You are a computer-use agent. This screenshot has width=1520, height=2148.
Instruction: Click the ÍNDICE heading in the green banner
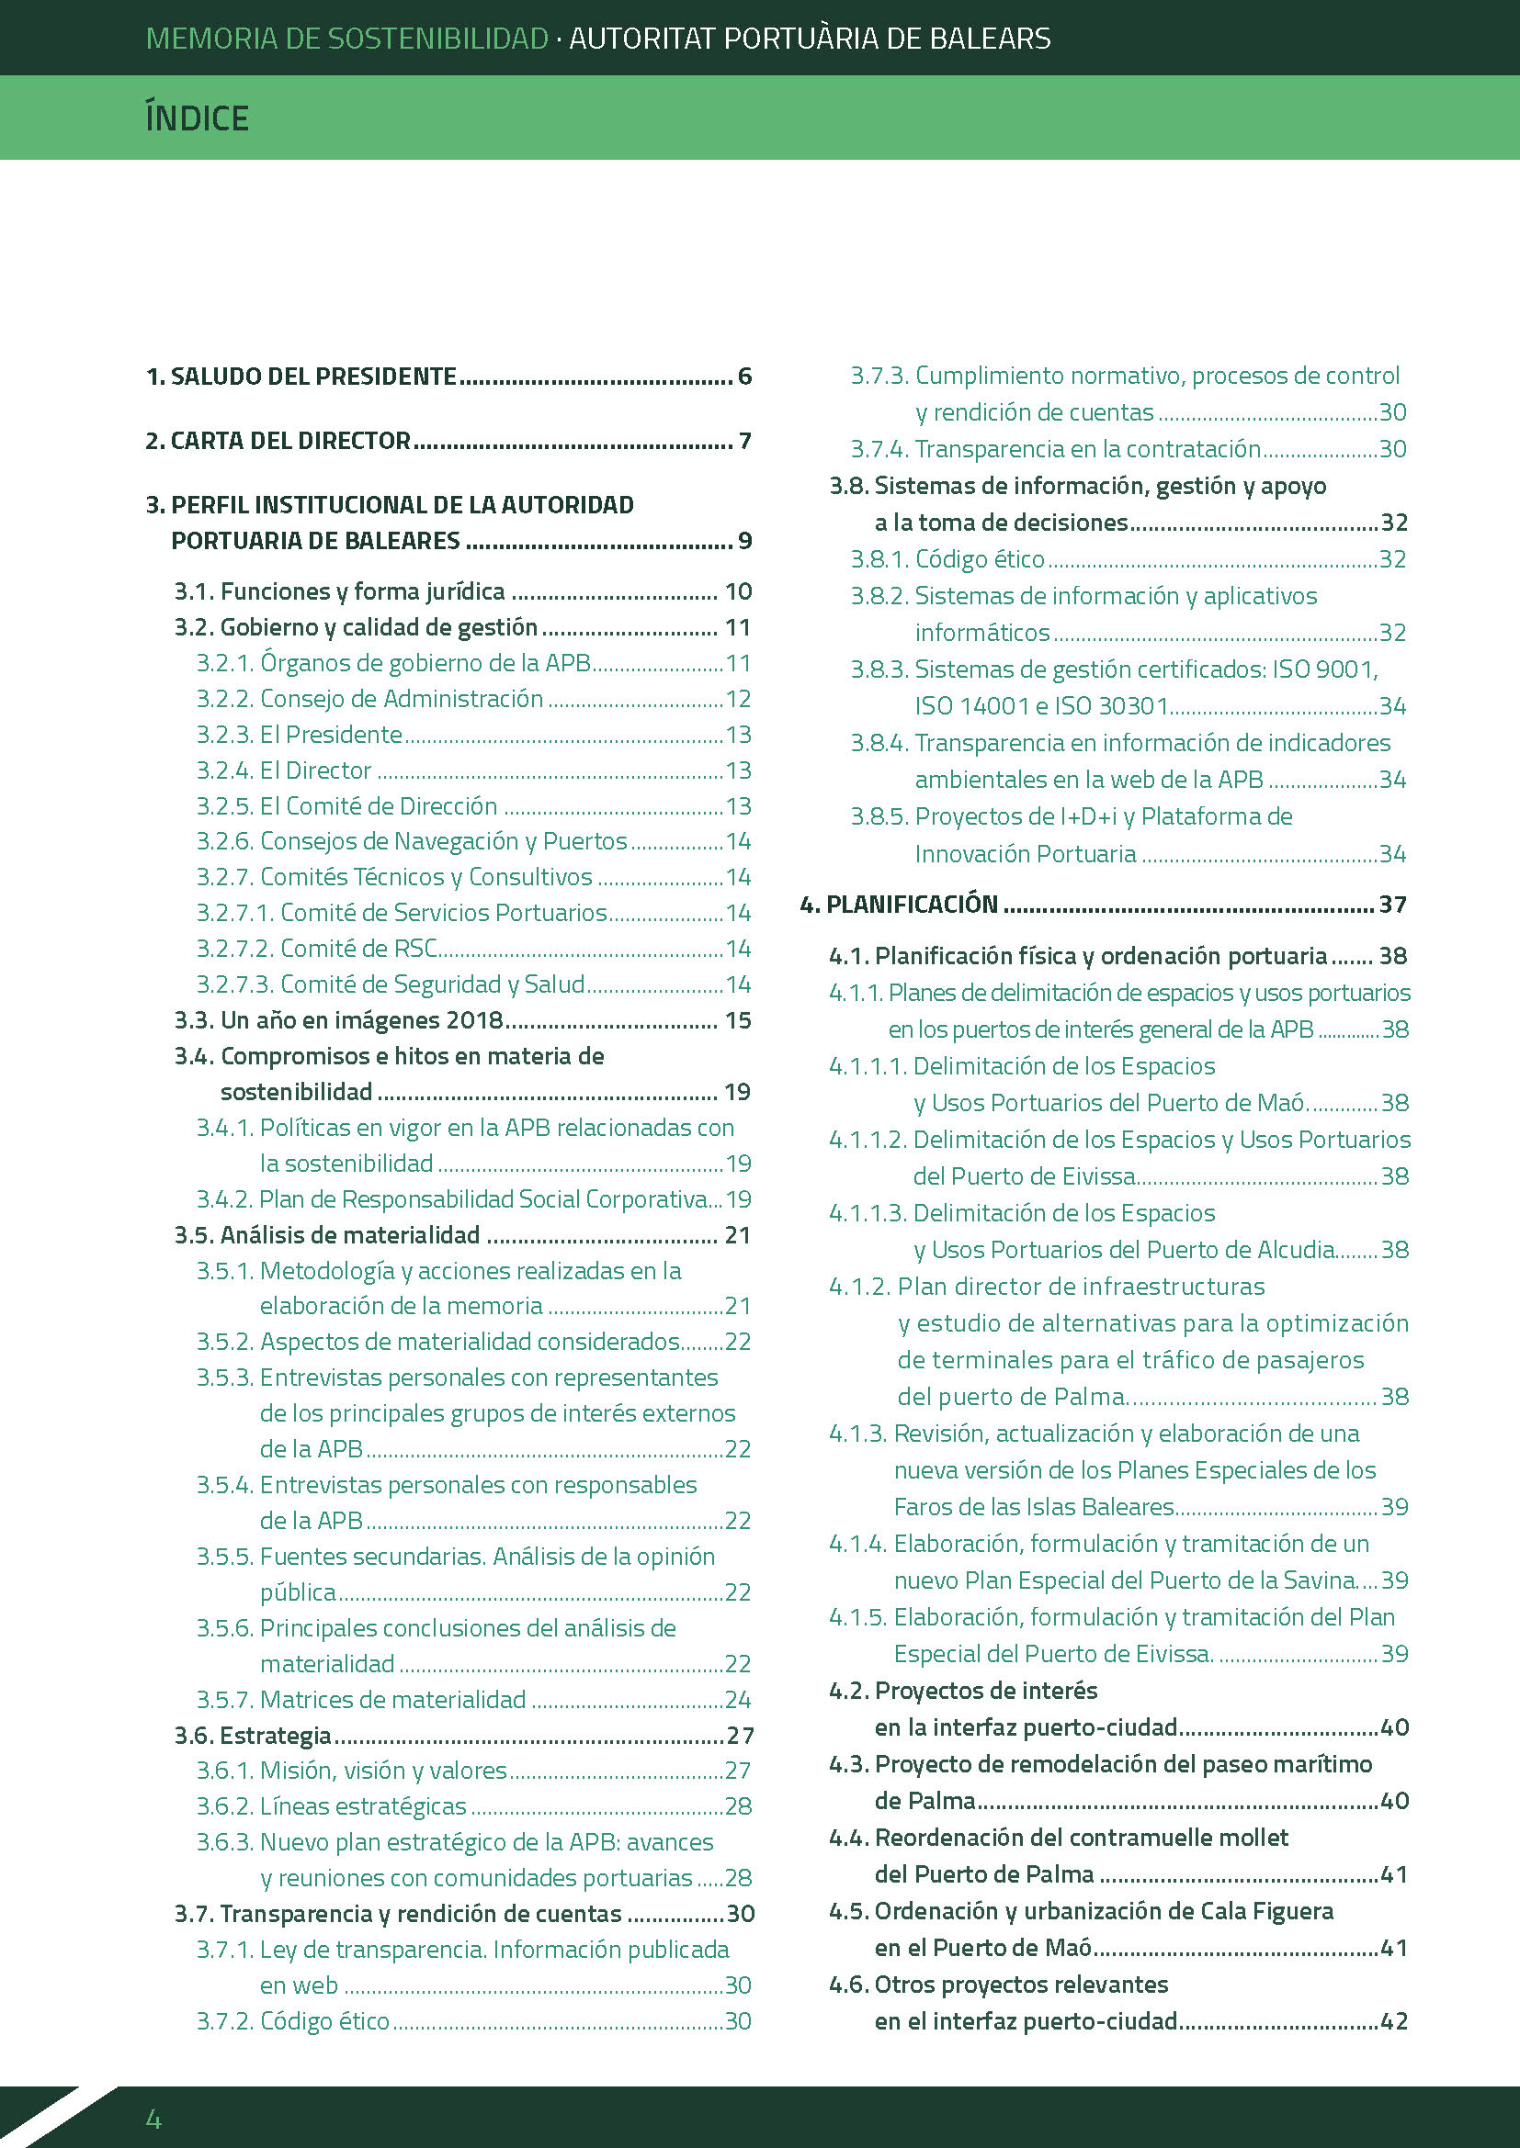click(x=197, y=118)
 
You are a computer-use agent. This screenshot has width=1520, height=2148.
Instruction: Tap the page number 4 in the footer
click(x=153, y=2118)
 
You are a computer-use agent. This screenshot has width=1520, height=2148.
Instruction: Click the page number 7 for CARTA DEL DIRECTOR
click(x=745, y=441)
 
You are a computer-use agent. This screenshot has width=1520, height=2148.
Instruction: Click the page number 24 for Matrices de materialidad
click(x=738, y=1699)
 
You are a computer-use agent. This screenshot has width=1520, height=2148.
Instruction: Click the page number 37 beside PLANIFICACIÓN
click(x=1392, y=904)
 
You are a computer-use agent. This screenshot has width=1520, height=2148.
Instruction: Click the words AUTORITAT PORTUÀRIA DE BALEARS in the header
click(x=810, y=39)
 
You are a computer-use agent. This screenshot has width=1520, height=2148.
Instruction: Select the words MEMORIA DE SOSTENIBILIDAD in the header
click(x=347, y=39)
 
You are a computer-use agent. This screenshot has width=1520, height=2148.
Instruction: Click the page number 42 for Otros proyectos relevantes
click(x=1394, y=2020)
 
